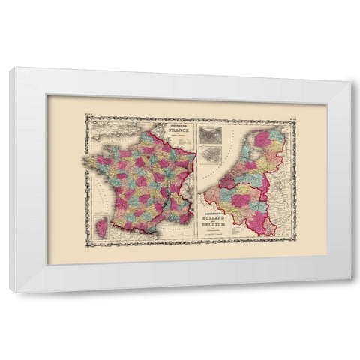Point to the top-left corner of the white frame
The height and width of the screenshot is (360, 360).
pos(10,68)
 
